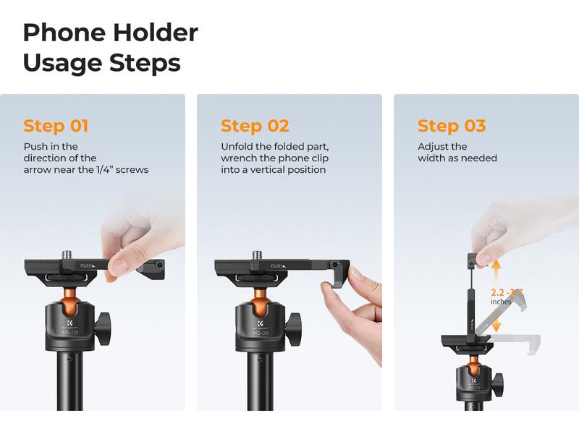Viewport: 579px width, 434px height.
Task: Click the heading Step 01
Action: [x=56, y=126]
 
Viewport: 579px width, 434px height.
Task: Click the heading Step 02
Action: [x=254, y=126]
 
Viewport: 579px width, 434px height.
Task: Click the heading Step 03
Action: [x=451, y=126]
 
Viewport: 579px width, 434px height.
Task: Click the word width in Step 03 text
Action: [x=432, y=158]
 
